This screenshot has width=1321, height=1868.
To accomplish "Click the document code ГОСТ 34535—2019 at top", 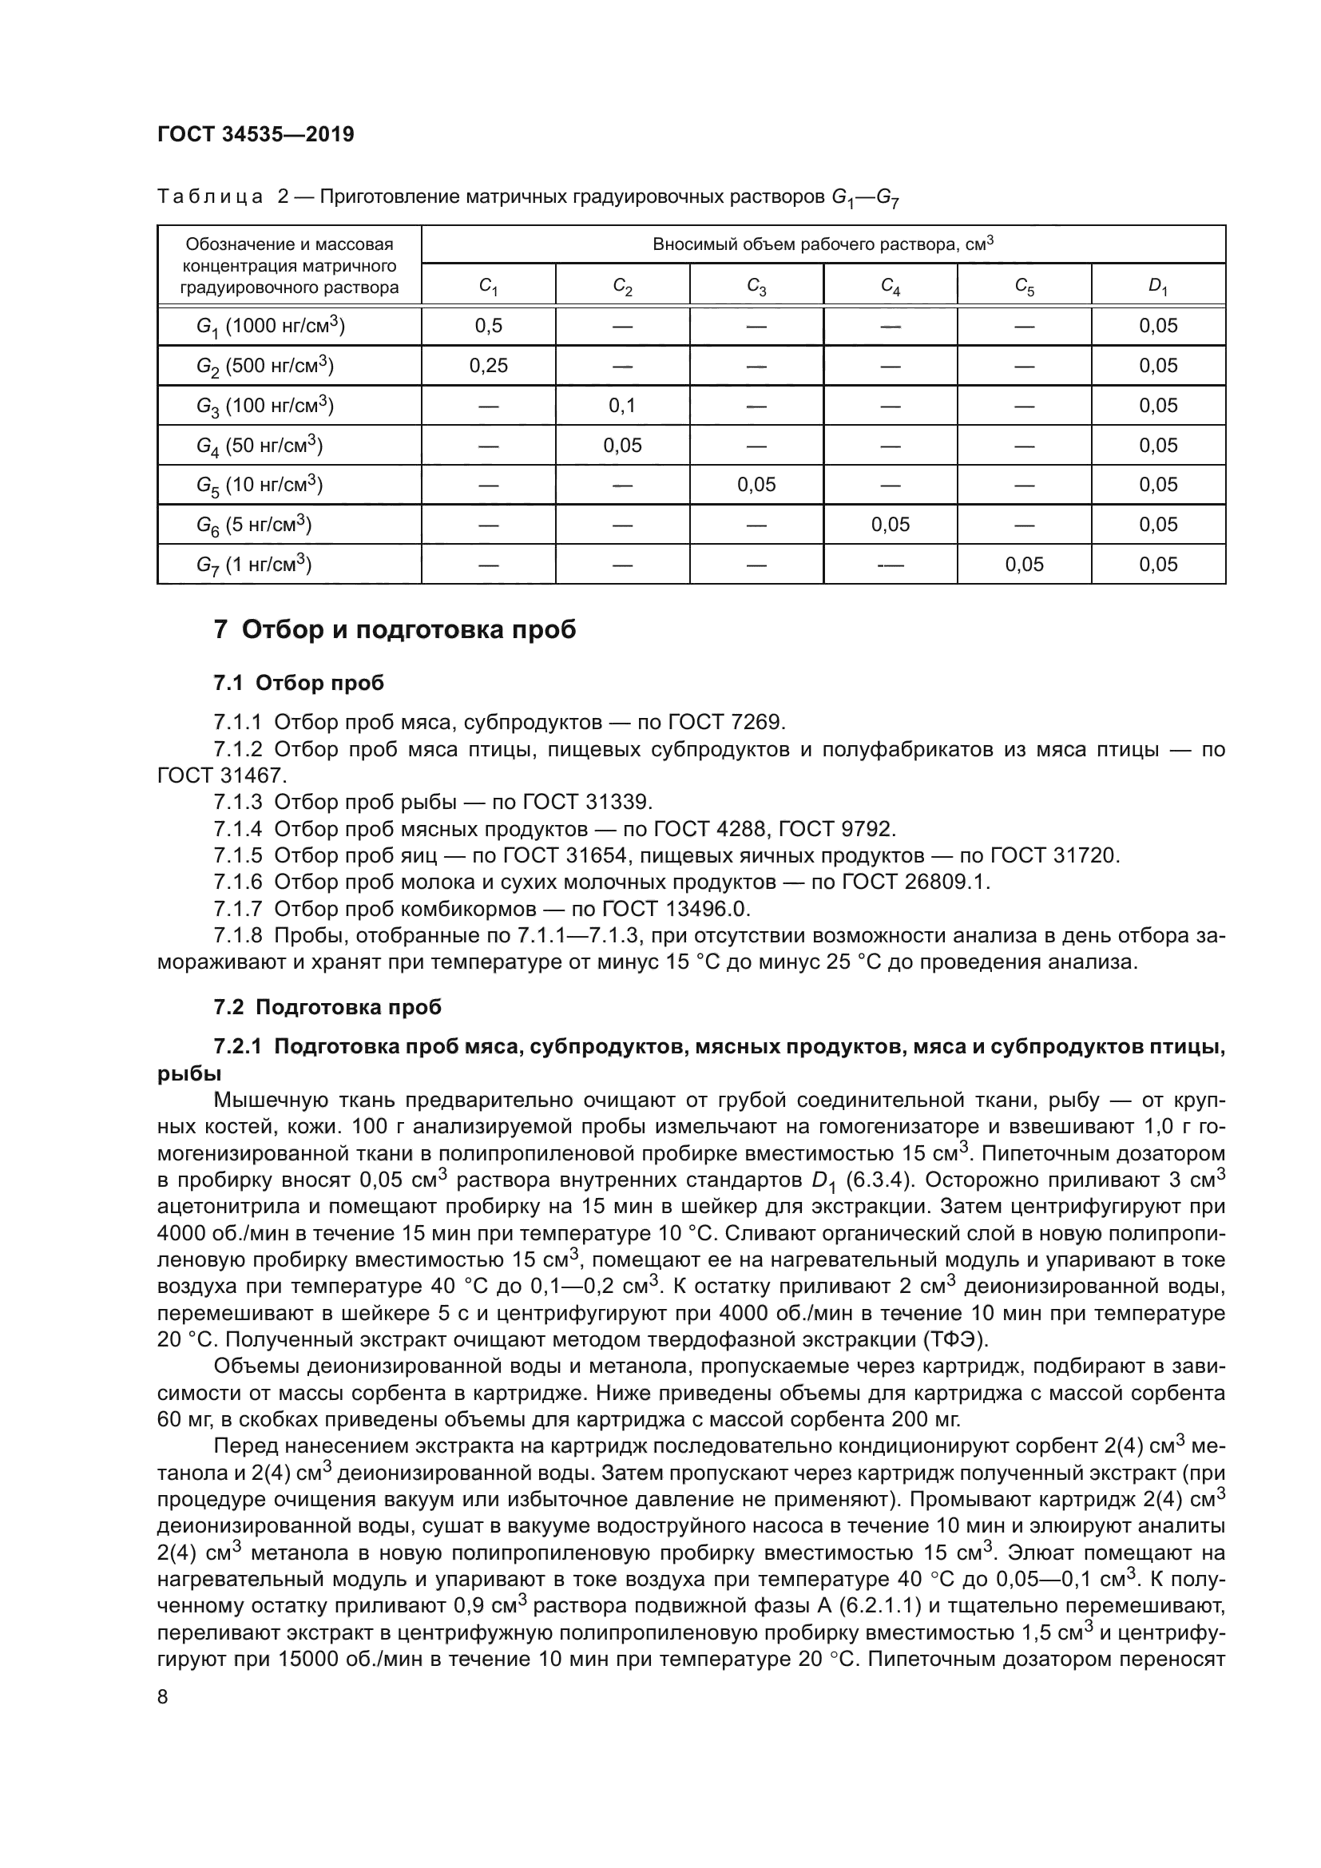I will point(256,134).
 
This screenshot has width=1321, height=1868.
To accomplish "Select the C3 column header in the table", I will point(756,286).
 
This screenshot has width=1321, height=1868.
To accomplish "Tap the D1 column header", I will point(1157,286).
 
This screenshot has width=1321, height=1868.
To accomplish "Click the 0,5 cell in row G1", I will point(488,327).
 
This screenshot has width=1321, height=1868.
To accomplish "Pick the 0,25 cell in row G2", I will point(488,366).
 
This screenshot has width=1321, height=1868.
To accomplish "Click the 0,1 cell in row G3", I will point(622,405).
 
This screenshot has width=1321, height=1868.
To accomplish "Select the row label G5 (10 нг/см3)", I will point(260,485).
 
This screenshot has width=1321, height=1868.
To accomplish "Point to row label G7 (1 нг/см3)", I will point(254,564).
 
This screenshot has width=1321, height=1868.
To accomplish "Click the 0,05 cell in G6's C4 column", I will point(890,525).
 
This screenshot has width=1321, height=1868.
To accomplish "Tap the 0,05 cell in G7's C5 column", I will point(1023,565).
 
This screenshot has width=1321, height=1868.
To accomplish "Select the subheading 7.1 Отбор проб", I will point(299,683).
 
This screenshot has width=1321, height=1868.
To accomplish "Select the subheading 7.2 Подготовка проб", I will point(327,1007).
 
